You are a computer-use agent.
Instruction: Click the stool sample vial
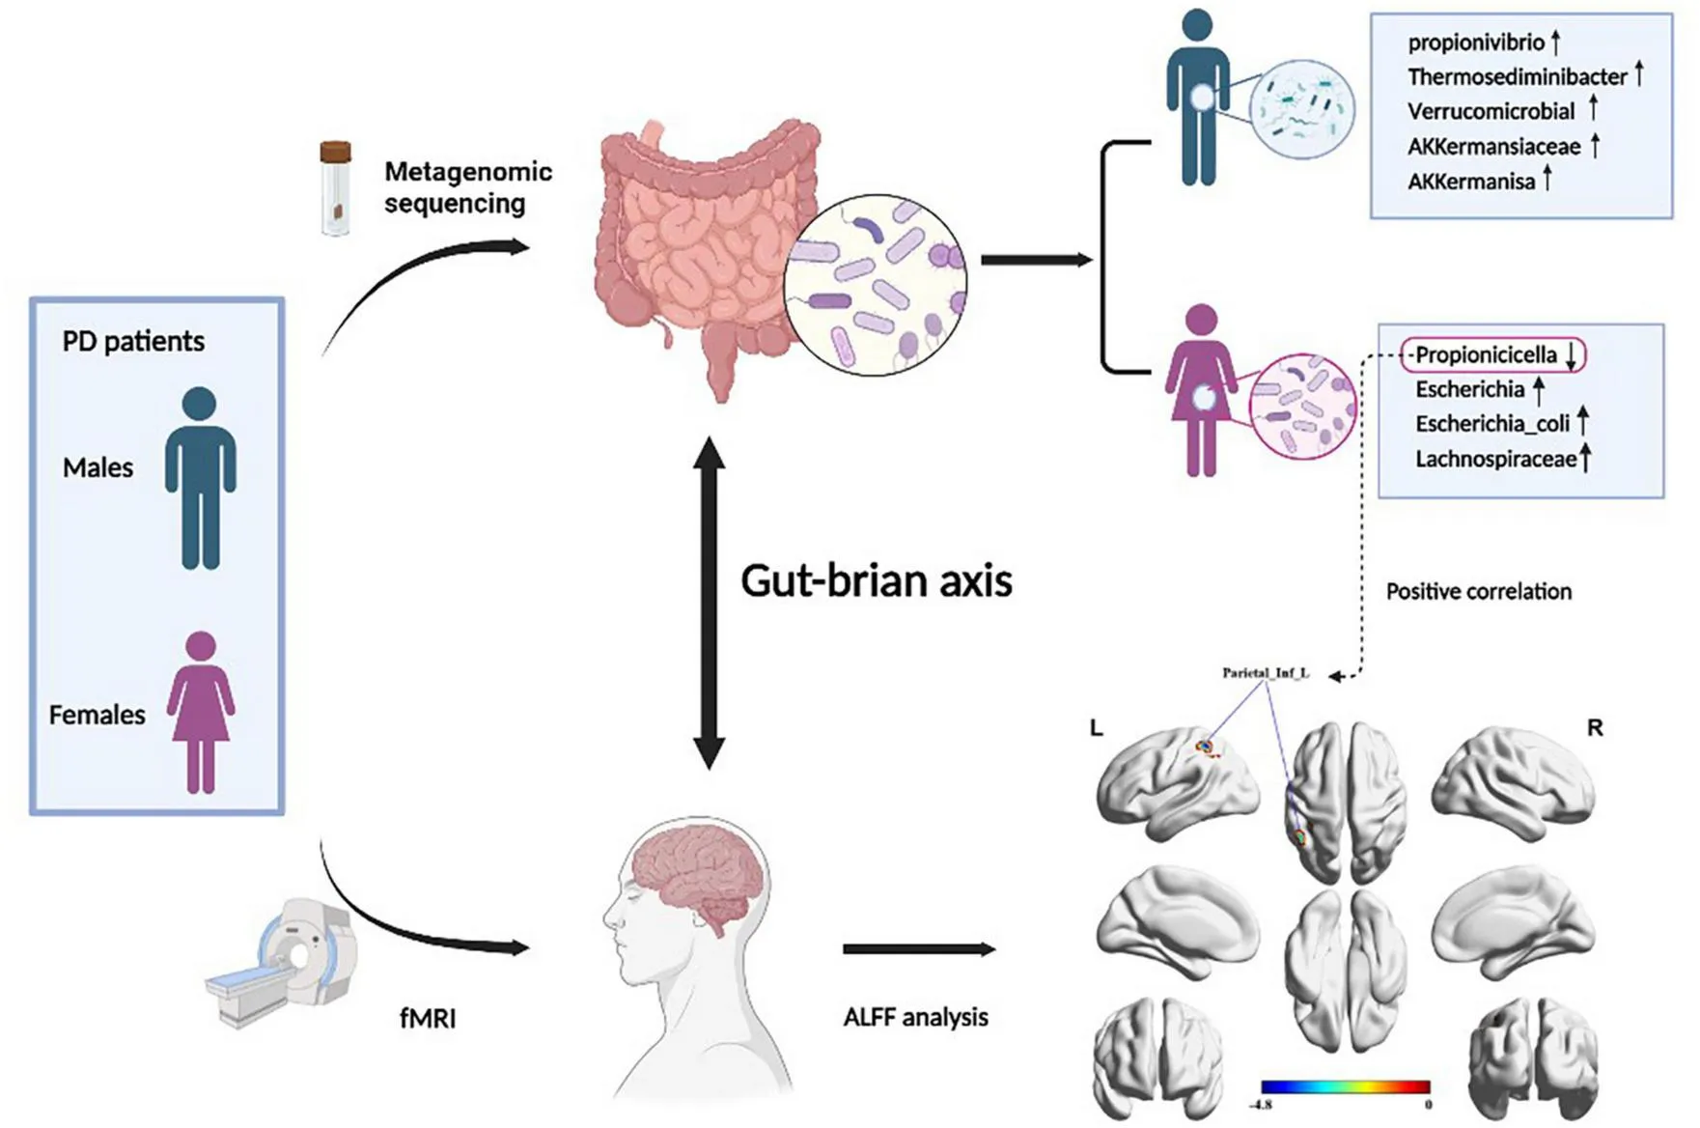point(335,188)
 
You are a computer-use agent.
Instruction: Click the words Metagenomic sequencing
point(467,187)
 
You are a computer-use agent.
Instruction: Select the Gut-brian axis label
point(876,580)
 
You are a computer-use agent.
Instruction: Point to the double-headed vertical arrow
point(710,603)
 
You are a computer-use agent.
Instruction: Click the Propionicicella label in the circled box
point(1486,355)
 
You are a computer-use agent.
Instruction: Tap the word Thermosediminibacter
point(1517,76)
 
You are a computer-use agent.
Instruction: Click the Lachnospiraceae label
point(1495,459)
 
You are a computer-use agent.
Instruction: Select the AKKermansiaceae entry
point(1493,147)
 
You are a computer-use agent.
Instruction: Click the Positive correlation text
point(1478,591)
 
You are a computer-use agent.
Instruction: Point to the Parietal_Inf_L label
point(1266,673)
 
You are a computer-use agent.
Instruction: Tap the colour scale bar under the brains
point(1345,1087)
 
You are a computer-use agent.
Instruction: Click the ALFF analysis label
point(915,1017)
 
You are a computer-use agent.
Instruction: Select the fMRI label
point(428,1018)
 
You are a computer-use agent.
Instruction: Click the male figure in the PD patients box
point(200,478)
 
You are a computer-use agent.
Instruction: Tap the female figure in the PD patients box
point(201,712)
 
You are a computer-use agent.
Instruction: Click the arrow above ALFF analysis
point(918,949)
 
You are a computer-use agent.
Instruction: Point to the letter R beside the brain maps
point(1595,728)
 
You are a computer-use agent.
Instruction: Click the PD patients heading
point(133,341)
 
